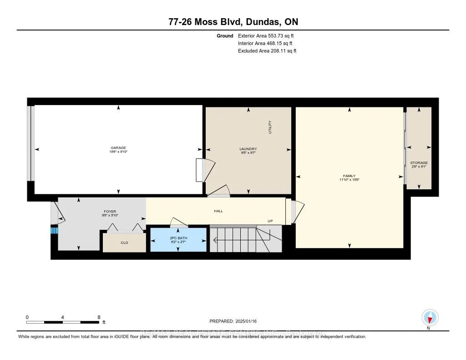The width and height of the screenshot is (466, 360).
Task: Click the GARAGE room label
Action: coord(118,148)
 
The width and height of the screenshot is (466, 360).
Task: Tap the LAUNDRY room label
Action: coord(248,149)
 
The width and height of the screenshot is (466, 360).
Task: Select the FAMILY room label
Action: coord(349,176)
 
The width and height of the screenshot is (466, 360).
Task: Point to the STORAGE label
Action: coord(419,162)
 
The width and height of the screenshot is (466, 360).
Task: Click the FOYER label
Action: coord(110,212)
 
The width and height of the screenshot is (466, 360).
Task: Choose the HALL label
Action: coord(218,211)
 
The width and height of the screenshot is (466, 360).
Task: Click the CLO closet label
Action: coord(124,243)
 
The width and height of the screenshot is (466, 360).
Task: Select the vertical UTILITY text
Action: coord(270,127)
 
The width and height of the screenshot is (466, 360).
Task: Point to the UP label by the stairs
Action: coord(270,221)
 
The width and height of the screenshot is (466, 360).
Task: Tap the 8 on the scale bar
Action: coord(98,317)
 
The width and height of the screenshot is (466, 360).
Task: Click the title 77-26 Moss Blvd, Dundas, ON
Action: coord(233,22)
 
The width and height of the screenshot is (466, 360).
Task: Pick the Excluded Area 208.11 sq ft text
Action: coord(267,51)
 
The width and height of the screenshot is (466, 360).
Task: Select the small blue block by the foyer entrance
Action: coord(54,230)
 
